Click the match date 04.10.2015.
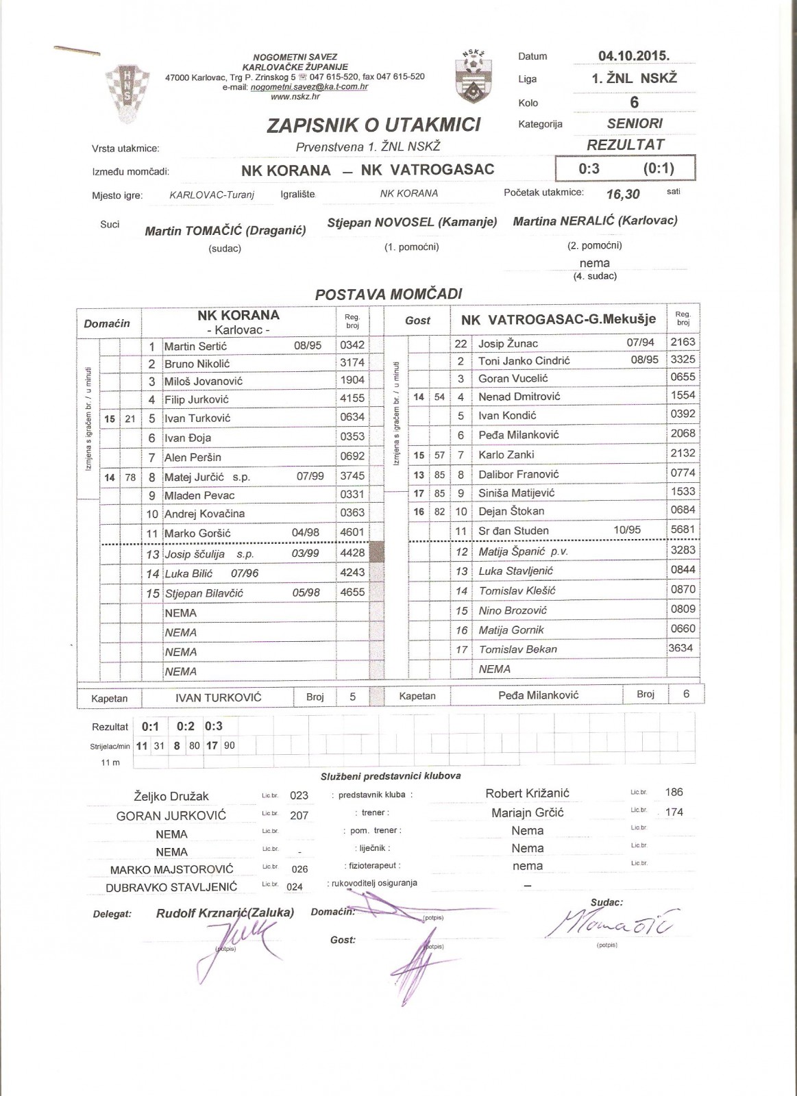coord(633,56)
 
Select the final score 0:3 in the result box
coord(589,169)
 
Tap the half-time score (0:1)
coord(659,169)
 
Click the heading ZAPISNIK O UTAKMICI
coord(373,125)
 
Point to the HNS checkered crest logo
coord(127,87)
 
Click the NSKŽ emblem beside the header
coord(473,77)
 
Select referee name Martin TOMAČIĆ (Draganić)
coord(225,231)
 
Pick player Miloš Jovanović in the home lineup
coord(204,381)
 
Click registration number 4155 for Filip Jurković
coord(352,398)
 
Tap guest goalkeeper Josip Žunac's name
coord(508,343)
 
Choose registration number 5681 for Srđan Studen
coord(683,529)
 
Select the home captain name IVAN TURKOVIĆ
coord(219,697)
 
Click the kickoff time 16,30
coord(623,194)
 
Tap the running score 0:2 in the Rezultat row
coord(185,726)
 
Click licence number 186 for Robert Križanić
coord(674,792)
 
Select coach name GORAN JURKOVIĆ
coord(171,816)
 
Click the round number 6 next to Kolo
coord(634,102)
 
